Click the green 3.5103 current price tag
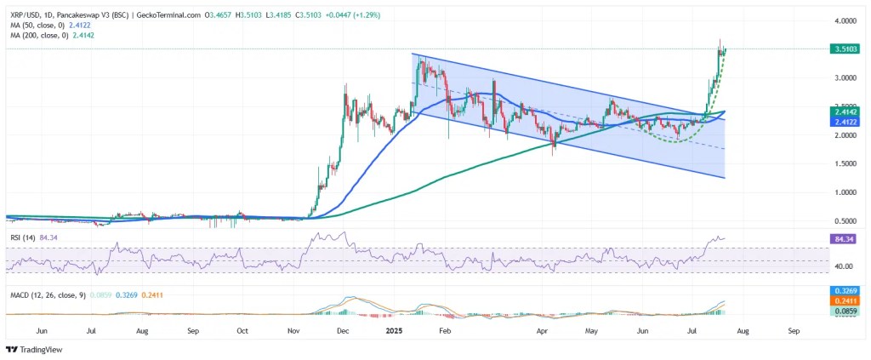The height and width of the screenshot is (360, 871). pos(845,49)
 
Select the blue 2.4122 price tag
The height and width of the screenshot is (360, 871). pos(845,122)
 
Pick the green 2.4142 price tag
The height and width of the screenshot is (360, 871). pos(845,111)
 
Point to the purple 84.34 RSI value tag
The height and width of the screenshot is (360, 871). pos(845,239)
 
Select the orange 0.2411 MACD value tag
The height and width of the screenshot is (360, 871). pos(845,300)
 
